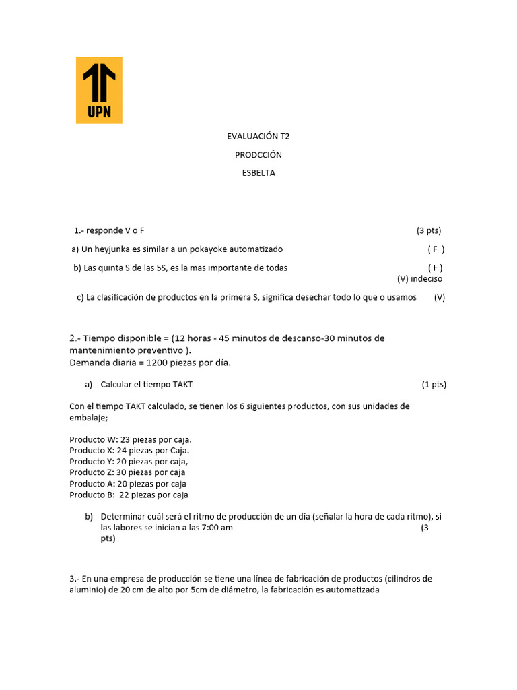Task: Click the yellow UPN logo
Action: tap(99, 90)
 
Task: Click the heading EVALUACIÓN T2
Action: tap(258, 136)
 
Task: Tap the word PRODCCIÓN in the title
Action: tap(258, 155)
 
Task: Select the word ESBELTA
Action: tap(258, 173)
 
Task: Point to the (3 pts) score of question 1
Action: tap(429, 230)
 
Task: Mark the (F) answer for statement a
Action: tap(436, 249)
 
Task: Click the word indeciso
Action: tap(427, 278)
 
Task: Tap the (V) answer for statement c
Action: tap(440, 297)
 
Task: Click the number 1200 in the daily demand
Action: tap(156, 363)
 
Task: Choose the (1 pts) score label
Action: tap(434, 385)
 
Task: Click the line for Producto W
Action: tap(131, 439)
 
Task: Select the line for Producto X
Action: tap(129, 450)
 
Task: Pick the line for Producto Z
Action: tap(127, 472)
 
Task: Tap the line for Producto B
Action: tap(129, 495)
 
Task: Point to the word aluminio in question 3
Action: tap(86, 590)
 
